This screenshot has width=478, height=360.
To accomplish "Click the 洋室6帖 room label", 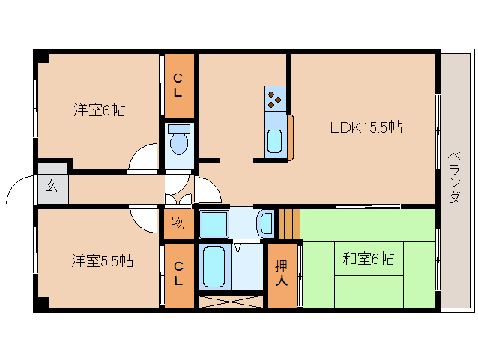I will tap(99, 110).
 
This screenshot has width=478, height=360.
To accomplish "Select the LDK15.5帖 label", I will tap(366, 127).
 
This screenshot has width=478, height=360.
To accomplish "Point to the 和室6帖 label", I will tap(369, 259).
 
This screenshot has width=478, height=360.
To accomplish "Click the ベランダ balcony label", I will tap(454, 178).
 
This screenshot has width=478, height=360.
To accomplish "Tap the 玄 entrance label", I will tap(52, 186).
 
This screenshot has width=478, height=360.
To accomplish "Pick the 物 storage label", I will tap(178, 223).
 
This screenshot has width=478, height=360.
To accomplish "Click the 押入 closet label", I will tap(282, 273).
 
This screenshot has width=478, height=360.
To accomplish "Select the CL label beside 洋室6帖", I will tap(178, 85).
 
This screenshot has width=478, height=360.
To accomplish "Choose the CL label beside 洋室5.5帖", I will tap(178, 274).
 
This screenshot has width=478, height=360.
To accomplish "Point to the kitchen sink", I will tap(275, 139).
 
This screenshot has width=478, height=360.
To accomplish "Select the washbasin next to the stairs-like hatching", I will tap(265, 223).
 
